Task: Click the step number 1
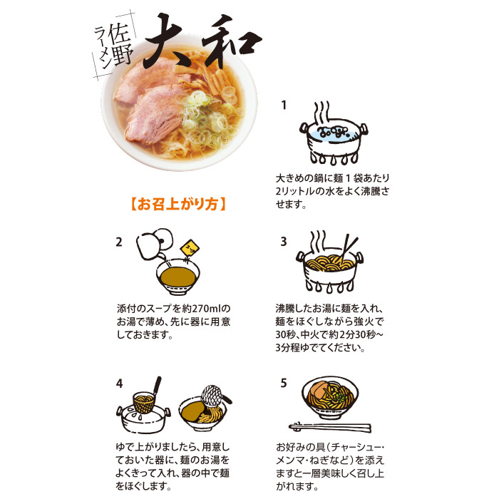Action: (284, 105)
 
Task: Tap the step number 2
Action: (119, 242)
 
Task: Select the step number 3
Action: (284, 242)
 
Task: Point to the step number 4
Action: (119, 384)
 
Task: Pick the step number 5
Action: (284, 383)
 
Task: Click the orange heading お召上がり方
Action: (178, 204)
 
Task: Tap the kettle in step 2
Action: (154, 244)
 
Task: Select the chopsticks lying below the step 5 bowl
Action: (329, 427)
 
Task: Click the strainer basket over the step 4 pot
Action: (144, 403)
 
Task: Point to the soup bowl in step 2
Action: (178, 277)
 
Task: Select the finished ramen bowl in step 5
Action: (330, 398)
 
